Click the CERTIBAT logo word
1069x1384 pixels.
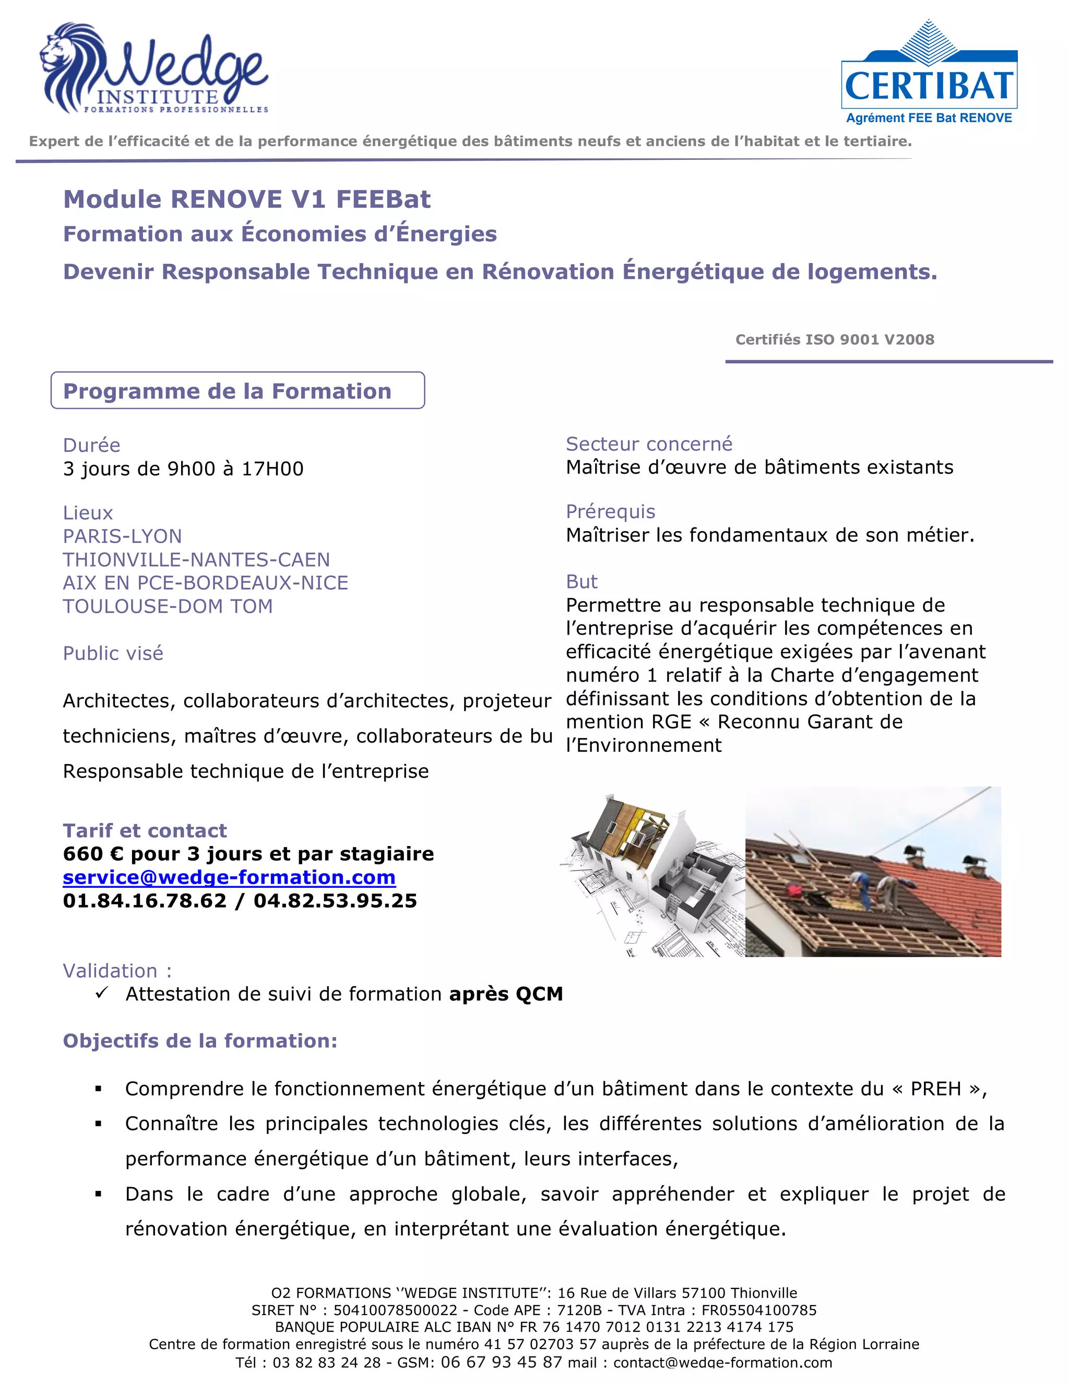(x=929, y=86)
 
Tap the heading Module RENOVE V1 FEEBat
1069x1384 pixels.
(x=246, y=199)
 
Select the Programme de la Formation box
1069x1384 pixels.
(x=237, y=390)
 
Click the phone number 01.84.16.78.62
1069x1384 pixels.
(x=145, y=900)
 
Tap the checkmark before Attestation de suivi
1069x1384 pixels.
(x=101, y=993)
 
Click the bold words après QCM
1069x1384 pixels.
(x=505, y=994)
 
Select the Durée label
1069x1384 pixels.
(x=91, y=445)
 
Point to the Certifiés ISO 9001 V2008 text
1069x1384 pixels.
(x=834, y=339)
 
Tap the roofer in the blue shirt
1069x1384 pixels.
(x=859, y=883)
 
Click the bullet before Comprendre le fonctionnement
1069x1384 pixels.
(x=98, y=1089)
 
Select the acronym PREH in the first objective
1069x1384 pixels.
(x=935, y=1089)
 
